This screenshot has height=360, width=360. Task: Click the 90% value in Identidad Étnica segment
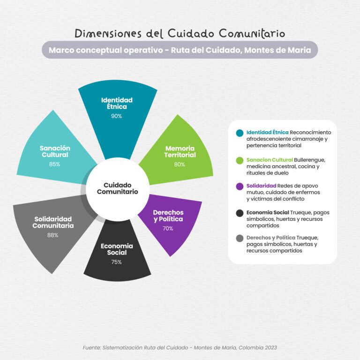coord(116,116)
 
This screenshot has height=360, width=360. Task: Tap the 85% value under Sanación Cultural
coord(54,164)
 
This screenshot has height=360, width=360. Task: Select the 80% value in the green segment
coord(180,165)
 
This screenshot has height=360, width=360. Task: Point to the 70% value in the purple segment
coord(168,228)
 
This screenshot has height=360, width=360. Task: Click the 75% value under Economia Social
coord(116,262)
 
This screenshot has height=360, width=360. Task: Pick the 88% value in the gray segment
coord(53,235)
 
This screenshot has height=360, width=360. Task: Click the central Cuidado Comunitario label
coord(118,188)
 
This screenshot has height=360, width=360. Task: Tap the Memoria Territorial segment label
coord(180,151)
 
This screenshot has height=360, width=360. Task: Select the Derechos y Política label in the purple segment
coord(168,216)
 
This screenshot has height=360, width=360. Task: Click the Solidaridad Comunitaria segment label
coord(53,222)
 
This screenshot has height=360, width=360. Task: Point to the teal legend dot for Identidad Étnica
coord(240,133)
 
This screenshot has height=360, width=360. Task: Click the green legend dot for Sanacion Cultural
coord(240,160)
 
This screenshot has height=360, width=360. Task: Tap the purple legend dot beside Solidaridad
coord(240,187)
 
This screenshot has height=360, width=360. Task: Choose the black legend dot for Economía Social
coord(240,213)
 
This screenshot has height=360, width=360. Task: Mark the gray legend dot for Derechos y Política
coord(240,238)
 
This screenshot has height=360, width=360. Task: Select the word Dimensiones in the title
coord(108,34)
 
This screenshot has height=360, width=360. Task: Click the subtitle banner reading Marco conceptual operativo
coord(180,50)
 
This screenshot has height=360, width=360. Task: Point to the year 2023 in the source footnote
coord(270,348)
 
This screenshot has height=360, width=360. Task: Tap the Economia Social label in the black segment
coord(117,249)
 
